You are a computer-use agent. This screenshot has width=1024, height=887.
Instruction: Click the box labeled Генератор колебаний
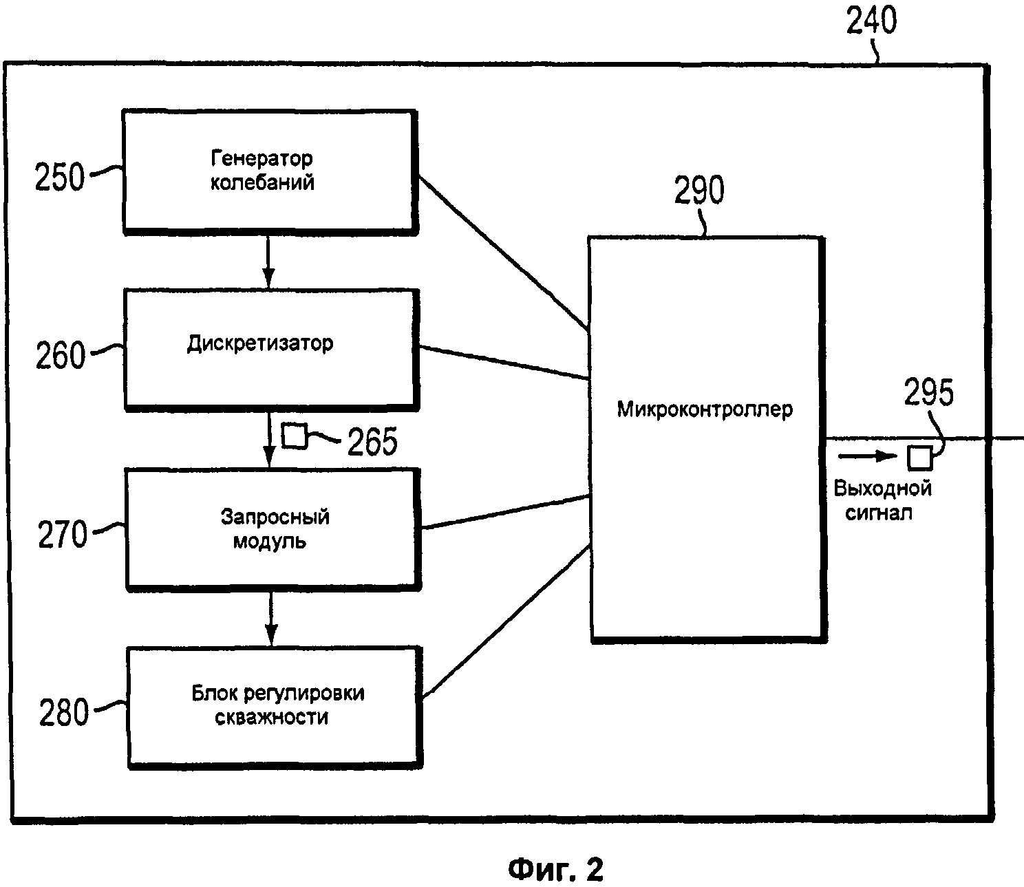pyautogui.click(x=270, y=171)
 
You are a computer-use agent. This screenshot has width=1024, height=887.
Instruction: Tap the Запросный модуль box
pyautogui.click(x=273, y=528)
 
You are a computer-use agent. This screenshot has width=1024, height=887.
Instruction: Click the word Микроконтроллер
pyautogui.click(x=705, y=409)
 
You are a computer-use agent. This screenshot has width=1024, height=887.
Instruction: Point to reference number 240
pyautogui.click(x=871, y=21)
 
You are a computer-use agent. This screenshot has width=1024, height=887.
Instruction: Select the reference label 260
pyautogui.click(x=61, y=356)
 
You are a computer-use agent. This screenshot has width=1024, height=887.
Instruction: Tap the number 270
pyautogui.click(x=63, y=535)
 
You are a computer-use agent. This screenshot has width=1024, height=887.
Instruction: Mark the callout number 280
pyautogui.click(x=64, y=713)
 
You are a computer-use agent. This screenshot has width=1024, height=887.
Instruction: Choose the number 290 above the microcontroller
pyautogui.click(x=698, y=191)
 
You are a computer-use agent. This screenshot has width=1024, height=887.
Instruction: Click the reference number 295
pyautogui.click(x=928, y=393)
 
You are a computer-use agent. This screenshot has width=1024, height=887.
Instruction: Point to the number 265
pyautogui.click(x=372, y=442)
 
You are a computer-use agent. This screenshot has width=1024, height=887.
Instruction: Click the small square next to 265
pyautogui.click(x=295, y=436)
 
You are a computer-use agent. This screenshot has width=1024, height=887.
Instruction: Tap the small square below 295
pyautogui.click(x=919, y=457)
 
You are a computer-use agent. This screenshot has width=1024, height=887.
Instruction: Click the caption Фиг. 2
pyautogui.click(x=556, y=870)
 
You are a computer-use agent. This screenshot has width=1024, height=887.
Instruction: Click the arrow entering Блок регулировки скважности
pyautogui.click(x=272, y=617)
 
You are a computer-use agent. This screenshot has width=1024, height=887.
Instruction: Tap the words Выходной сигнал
pyautogui.click(x=882, y=500)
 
